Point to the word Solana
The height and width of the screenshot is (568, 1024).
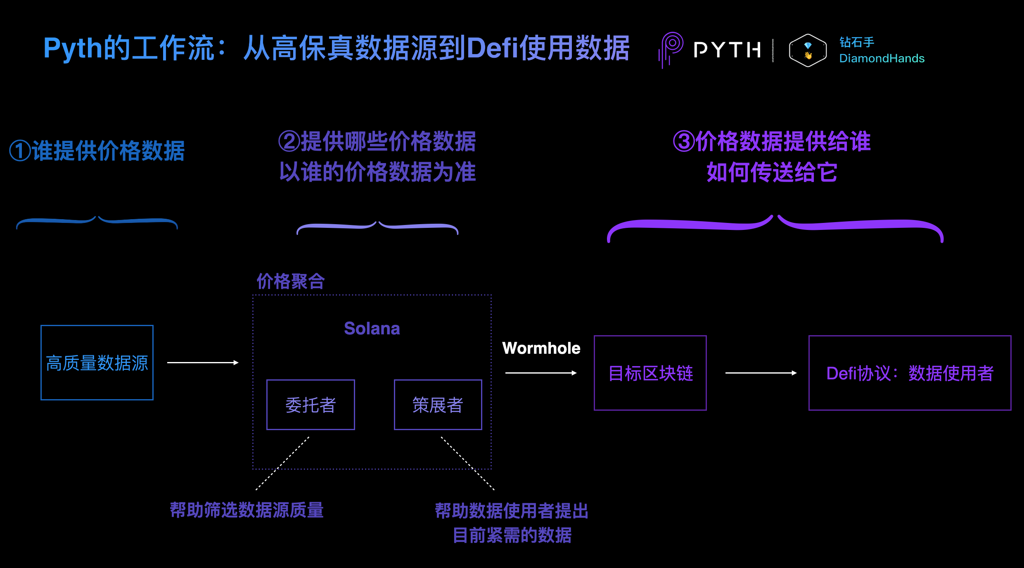point(372,329)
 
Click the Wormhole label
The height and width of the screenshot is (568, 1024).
point(541,348)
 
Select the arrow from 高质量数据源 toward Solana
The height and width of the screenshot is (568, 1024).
point(203,362)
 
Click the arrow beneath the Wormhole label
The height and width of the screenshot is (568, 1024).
point(541,373)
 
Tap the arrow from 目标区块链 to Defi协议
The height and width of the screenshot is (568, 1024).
point(761,373)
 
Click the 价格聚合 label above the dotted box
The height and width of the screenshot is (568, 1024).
point(291,282)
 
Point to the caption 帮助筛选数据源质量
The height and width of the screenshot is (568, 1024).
point(247,510)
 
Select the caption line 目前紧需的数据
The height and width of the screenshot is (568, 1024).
point(512,535)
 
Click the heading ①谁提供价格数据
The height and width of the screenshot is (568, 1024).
point(97,151)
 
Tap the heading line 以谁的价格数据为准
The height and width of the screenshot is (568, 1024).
point(377,172)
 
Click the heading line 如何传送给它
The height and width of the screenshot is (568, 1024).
point(772,172)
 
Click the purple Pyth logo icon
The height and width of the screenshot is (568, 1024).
point(670,50)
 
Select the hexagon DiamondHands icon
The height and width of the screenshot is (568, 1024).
point(808,50)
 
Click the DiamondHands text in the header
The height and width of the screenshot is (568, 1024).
point(882,58)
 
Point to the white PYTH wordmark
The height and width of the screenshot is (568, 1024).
point(728,50)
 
